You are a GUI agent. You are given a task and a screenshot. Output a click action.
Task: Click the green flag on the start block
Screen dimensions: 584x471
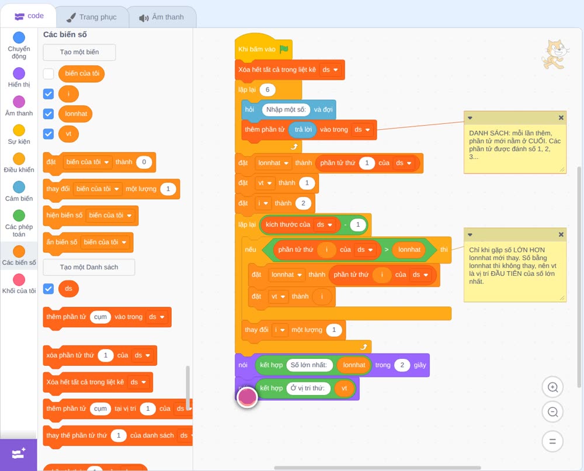pos(284,49)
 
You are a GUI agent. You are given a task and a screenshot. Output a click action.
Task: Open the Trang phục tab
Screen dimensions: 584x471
pos(92,17)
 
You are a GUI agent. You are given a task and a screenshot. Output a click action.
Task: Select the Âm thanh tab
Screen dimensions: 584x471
pos(162,17)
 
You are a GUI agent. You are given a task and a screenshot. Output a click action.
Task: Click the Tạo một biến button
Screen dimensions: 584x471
pos(79,52)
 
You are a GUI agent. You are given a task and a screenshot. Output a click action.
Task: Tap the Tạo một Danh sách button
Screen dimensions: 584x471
pos(89,267)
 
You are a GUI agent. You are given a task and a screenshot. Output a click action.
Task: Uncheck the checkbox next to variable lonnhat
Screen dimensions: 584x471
pos(48,113)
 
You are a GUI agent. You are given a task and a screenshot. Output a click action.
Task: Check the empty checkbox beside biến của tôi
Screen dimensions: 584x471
pos(48,74)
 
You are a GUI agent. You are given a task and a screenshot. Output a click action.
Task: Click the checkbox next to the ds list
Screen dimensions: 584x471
pos(48,289)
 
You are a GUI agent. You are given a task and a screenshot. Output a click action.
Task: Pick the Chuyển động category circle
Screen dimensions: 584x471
pos(19,37)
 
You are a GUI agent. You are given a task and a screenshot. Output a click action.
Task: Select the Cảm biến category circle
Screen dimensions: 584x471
pos(19,187)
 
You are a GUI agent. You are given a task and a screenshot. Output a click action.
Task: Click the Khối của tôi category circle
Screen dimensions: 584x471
pos(19,279)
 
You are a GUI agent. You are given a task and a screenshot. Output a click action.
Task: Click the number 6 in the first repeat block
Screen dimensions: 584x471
pos(267,89)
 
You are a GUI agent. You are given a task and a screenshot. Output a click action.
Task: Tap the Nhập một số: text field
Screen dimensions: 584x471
pos(286,109)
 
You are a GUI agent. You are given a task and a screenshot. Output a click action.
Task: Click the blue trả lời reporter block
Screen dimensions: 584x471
pos(303,130)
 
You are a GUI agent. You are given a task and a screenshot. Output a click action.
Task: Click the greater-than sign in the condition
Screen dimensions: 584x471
pos(387,250)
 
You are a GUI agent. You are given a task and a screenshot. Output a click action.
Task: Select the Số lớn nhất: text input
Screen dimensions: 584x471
pos(309,365)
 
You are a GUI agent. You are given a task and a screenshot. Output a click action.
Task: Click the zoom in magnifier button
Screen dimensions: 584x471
pos(552,387)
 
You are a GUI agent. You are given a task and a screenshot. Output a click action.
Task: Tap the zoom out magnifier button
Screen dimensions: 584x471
pos(552,412)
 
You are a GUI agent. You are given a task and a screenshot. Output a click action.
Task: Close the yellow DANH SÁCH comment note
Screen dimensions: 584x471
pos(561,118)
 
